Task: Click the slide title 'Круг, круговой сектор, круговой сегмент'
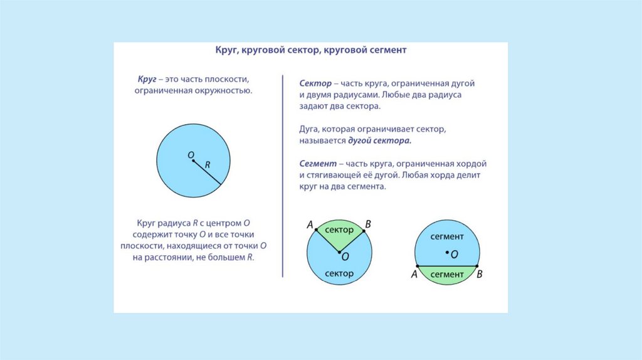point(311,50)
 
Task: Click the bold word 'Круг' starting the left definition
point(147,81)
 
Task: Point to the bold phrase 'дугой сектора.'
point(375,141)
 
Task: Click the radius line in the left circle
point(208,173)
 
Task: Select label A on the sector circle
point(310,225)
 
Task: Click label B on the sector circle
point(368,224)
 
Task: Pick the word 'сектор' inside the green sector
point(339,230)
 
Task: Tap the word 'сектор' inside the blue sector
point(339,273)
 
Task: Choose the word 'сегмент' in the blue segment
point(447,236)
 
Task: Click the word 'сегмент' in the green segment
point(447,274)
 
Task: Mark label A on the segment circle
point(414,275)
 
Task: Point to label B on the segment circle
point(480,274)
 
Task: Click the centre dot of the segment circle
point(447,253)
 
